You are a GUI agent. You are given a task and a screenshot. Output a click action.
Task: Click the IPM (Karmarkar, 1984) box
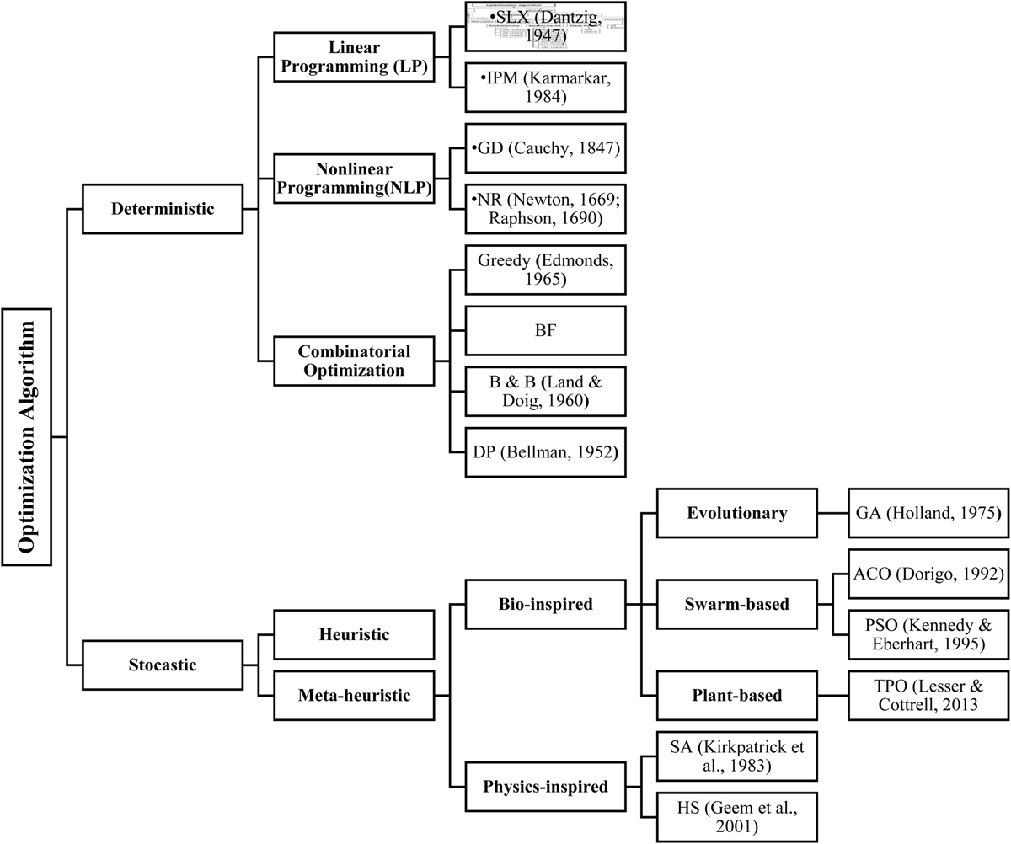pyautogui.click(x=545, y=87)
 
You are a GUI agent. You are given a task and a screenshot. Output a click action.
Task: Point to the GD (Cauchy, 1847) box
pyautogui.click(x=545, y=149)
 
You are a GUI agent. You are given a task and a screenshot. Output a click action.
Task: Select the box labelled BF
pyautogui.click(x=545, y=330)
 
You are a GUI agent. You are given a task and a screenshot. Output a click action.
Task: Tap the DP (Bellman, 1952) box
pyautogui.click(x=545, y=452)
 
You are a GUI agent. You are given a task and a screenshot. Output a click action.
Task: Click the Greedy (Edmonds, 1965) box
pyautogui.click(x=545, y=270)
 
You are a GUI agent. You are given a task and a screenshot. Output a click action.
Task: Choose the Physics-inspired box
pyautogui.click(x=545, y=788)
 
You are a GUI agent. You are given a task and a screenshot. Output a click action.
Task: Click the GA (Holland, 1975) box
pyautogui.click(x=928, y=512)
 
